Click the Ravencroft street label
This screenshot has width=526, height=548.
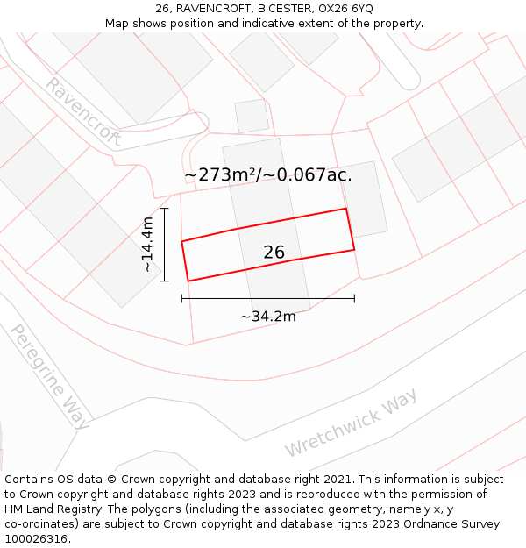[x=83, y=111]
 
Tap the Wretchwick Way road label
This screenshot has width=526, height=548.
[x=351, y=423]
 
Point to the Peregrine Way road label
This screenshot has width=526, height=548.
[x=49, y=376]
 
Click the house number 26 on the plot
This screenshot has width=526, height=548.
[x=274, y=253]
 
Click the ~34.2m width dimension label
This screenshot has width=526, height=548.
[x=267, y=317]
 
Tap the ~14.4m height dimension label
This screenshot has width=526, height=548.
[x=148, y=244]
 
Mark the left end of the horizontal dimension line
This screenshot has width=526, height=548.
[x=181, y=299]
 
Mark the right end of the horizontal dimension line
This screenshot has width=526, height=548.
[x=354, y=299]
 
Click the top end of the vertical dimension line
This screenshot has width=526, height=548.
[x=164, y=208]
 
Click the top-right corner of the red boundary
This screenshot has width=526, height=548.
[x=346, y=209]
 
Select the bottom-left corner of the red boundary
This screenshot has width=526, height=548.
[x=188, y=281]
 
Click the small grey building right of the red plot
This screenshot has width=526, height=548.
[x=364, y=199]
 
